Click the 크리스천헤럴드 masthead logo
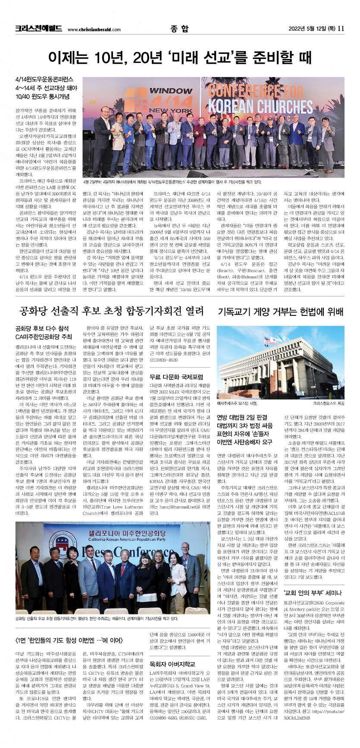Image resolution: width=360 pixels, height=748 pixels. point(39,29)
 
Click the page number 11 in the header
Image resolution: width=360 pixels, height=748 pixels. point(341,29)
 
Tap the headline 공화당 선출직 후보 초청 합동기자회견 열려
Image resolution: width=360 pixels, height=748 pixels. point(111,311)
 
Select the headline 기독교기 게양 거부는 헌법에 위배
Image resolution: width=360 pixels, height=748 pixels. point(281,311)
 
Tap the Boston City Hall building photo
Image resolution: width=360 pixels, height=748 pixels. point(280,363)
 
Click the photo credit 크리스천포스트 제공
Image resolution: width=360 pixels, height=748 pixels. point(329,404)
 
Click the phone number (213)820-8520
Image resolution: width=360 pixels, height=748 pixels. point(163,360)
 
